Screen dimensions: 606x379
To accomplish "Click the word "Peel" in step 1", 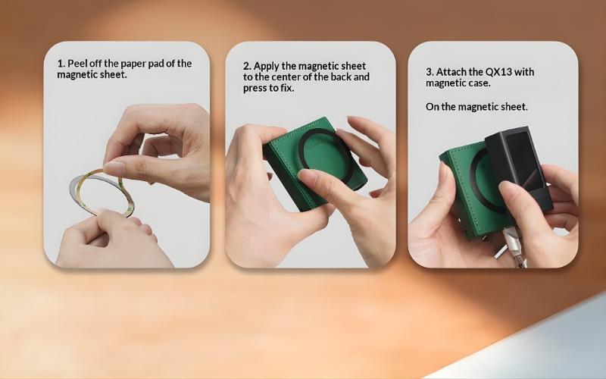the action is click(77, 64).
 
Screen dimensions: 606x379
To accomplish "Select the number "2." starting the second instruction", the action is click(247, 66).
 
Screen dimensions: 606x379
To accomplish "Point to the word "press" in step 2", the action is click(255, 89).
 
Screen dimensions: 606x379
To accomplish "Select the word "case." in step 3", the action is click(479, 83).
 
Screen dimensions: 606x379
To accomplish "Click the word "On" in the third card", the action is click(432, 107).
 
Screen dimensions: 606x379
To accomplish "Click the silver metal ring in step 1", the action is click(73, 192).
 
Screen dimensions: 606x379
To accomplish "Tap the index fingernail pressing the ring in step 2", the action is click(308, 176).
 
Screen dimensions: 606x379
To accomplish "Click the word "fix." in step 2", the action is click(288, 88).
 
